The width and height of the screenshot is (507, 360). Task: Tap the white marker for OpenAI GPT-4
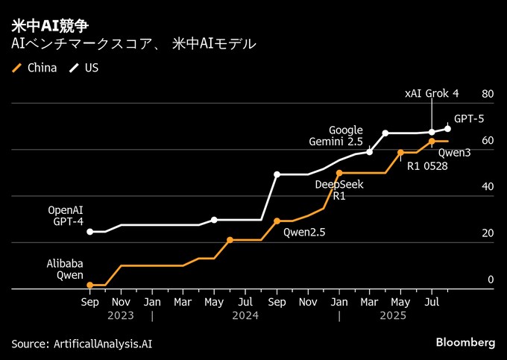coord(90,232)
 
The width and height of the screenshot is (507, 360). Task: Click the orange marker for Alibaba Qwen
coord(90,285)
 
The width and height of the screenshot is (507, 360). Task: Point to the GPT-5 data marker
coord(447,129)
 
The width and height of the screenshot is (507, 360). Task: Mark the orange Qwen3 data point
coord(432,141)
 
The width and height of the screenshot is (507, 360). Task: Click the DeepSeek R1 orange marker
coord(338,173)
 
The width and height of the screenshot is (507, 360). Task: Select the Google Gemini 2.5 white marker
coord(370,152)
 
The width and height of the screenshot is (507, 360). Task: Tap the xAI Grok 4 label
coord(432,93)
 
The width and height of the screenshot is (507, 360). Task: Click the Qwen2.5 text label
coord(304,232)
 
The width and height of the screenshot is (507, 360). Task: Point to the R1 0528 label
coord(427,165)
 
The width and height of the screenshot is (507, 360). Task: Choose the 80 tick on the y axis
coord(488,94)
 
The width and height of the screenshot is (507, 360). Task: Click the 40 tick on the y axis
coord(488,187)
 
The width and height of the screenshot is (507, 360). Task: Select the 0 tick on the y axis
coord(491,280)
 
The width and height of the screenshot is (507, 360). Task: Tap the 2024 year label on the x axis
coord(245,316)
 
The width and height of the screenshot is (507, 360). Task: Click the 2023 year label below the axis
coord(122,316)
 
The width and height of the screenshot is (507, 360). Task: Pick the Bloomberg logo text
coord(465,342)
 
